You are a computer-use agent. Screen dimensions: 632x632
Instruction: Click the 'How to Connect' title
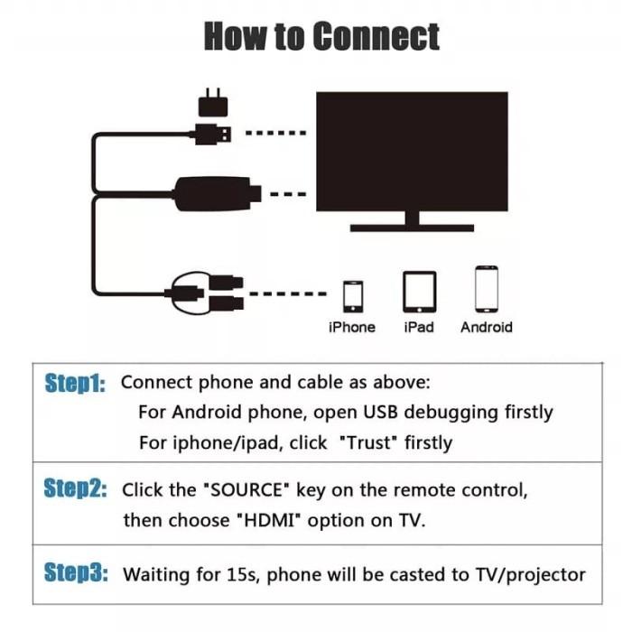pyautogui.click(x=321, y=37)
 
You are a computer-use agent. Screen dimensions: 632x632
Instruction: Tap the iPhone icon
pyautogui.click(x=352, y=295)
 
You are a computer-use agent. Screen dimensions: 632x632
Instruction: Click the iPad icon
pyautogui.click(x=419, y=291)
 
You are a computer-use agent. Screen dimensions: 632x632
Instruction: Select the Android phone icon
pyautogui.click(x=487, y=289)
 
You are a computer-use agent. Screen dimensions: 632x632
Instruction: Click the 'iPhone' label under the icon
pyautogui.click(x=352, y=327)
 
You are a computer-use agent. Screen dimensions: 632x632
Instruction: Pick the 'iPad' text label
pyautogui.click(x=419, y=327)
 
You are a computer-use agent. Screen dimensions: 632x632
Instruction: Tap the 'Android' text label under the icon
pyautogui.click(x=486, y=327)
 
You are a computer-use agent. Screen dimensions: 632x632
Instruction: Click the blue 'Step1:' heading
pyautogui.click(x=75, y=383)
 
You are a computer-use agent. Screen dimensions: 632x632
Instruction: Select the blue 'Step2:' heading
pyautogui.click(x=75, y=490)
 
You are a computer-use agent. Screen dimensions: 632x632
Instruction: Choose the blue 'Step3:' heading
pyautogui.click(x=75, y=573)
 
